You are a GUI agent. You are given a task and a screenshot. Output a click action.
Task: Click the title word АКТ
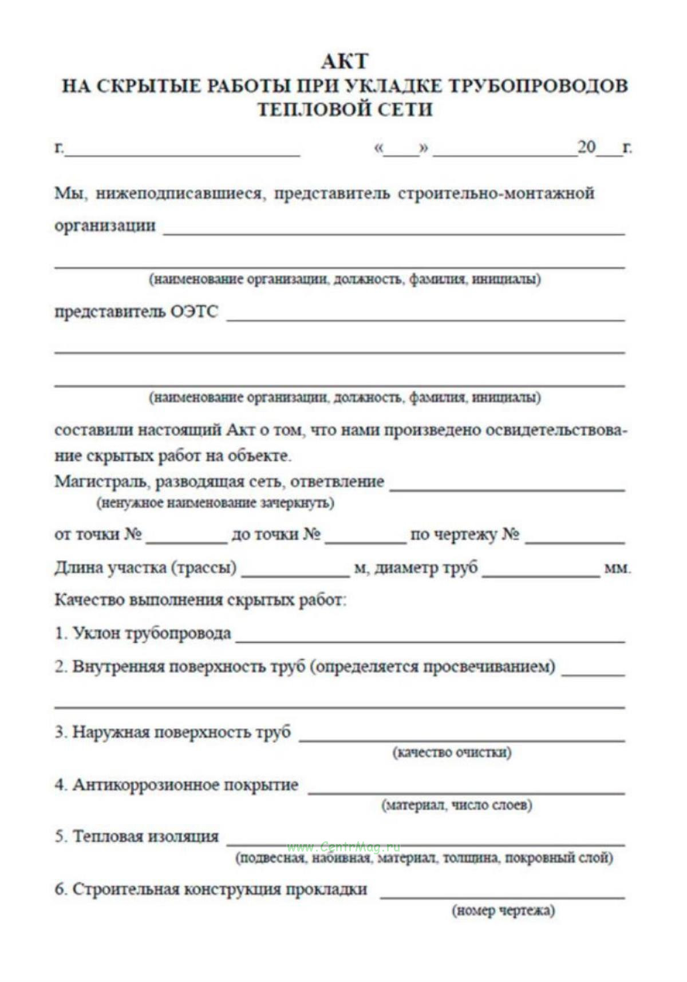coord(345,61)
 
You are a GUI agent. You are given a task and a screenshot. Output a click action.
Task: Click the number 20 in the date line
coord(586,147)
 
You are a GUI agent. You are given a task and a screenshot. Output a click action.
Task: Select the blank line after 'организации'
coord(394,230)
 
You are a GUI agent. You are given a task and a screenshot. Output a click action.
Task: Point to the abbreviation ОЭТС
coord(195,312)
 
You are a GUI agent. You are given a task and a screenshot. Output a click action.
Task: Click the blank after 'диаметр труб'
coord(540,572)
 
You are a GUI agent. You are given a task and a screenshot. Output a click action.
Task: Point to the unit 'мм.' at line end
coord(617,569)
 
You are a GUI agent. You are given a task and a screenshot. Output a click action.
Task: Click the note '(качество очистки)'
coord(452,752)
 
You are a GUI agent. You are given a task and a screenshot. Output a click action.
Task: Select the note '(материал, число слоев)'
coord(457,805)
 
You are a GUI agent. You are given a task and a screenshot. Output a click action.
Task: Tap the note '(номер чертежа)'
coord(503,910)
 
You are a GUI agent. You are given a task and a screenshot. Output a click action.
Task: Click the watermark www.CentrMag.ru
coord(343,848)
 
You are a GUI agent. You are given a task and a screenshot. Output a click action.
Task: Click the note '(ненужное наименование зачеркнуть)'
coord(215,503)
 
